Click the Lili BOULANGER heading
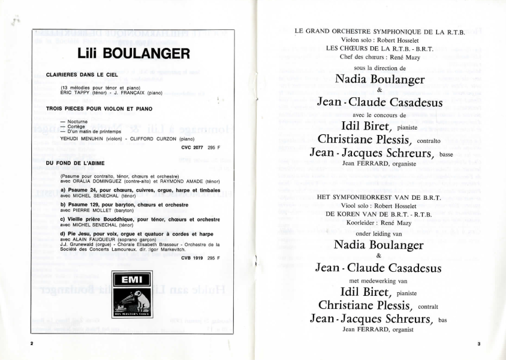tap(134, 53)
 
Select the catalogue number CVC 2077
tap(194, 147)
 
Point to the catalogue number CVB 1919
tap(194, 258)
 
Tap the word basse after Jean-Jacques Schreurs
tap(446, 154)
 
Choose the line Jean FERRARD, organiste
tap(379, 163)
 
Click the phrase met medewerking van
tap(378, 280)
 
